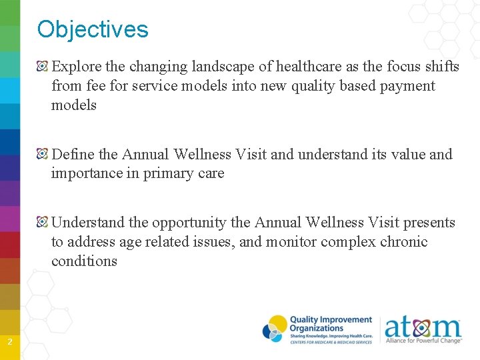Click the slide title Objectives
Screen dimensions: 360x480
[93, 29]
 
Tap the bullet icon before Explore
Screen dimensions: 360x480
[43, 67]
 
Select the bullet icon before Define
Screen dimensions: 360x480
[43, 155]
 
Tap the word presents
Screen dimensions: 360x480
[429, 223]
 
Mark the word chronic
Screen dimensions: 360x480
[403, 242]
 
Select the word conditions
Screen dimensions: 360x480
[84, 261]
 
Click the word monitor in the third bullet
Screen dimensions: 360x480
[291, 242]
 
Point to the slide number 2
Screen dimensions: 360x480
[9, 343]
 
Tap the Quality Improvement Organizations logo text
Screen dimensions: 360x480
[330, 324]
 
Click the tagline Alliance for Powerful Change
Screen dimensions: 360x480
[423, 341]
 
